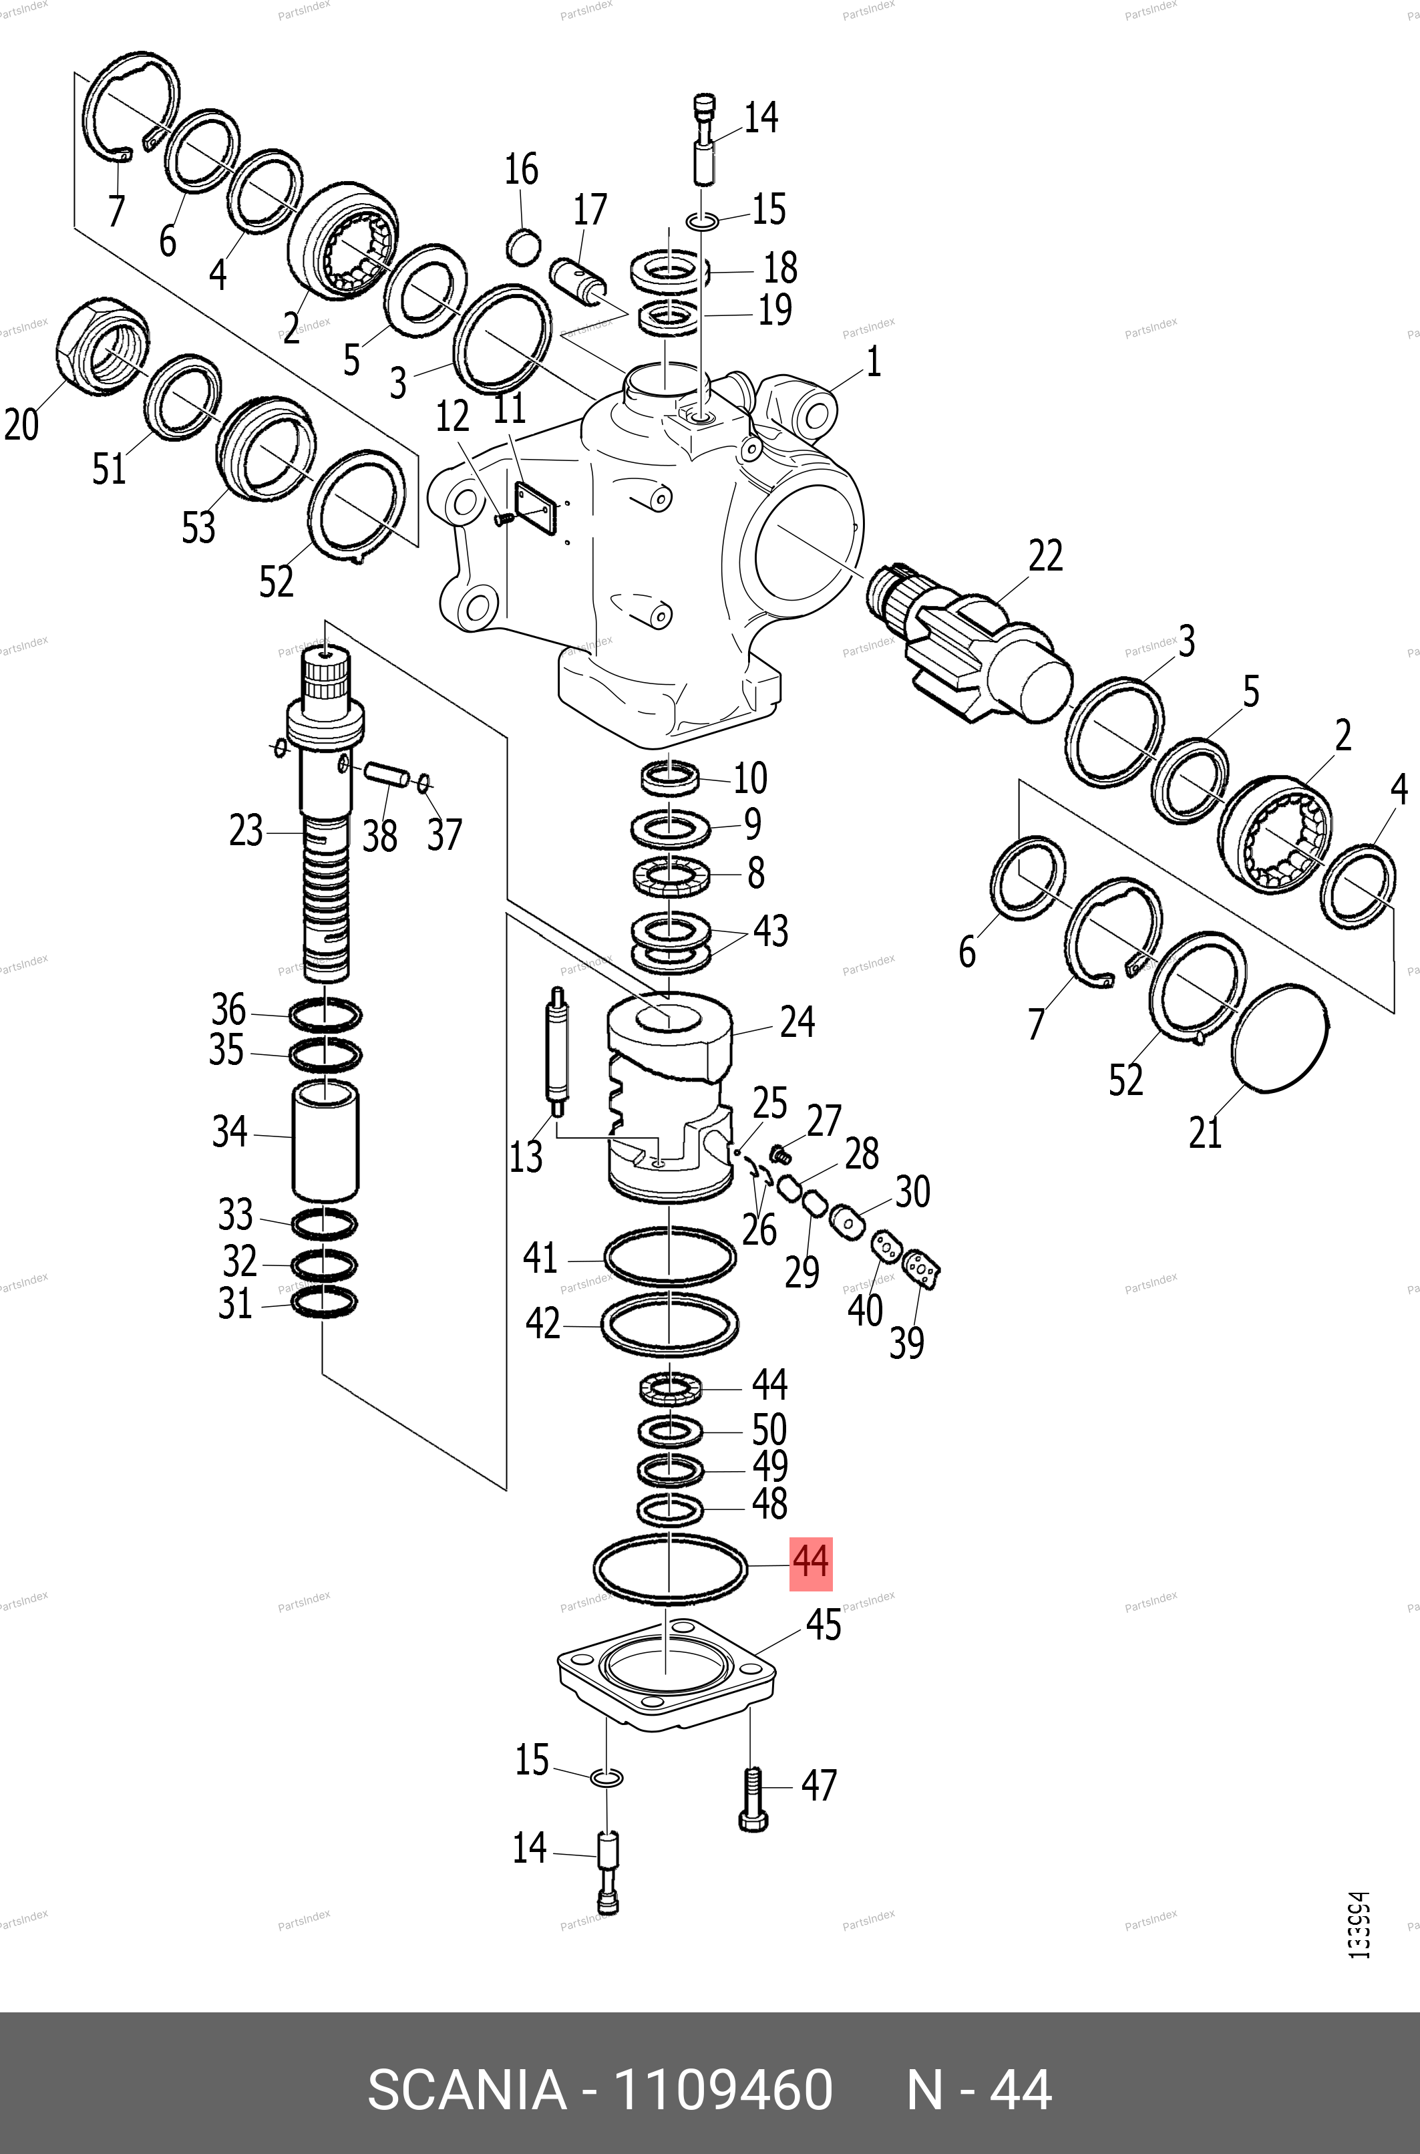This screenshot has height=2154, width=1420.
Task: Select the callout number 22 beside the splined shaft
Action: point(1045,555)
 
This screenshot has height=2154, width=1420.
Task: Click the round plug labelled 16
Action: point(522,247)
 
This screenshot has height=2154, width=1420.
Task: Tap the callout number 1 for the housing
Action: point(873,362)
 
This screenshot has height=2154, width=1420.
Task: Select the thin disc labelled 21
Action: point(1280,1037)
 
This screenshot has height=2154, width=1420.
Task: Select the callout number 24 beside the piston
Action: point(797,1022)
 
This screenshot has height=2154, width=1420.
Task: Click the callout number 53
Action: point(198,527)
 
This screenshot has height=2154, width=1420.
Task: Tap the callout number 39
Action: point(906,1342)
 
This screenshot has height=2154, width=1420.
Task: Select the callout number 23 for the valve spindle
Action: point(245,830)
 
